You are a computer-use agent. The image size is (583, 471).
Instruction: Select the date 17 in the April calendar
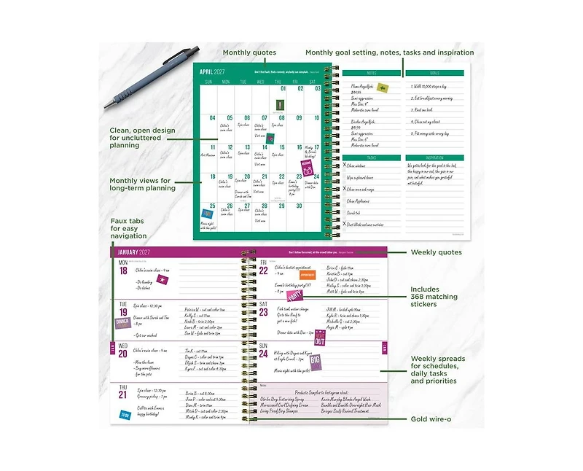click(315, 147)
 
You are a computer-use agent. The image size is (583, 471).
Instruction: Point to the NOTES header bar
click(371, 73)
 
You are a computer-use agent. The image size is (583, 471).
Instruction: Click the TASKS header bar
click(371, 157)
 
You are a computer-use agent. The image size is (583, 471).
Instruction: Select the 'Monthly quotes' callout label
click(251, 52)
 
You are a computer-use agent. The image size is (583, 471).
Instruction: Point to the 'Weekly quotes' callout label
click(437, 252)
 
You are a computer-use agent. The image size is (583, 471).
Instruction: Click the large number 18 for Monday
click(123, 270)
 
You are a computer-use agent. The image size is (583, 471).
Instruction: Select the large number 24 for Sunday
click(264, 355)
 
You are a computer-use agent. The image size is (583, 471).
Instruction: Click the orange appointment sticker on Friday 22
click(300, 276)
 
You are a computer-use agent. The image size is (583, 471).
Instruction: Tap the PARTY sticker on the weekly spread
click(295, 295)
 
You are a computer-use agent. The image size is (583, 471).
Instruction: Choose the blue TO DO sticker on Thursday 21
click(125, 415)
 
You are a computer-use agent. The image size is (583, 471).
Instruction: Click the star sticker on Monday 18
click(163, 278)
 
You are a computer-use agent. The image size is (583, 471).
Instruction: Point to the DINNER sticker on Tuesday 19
click(122, 322)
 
